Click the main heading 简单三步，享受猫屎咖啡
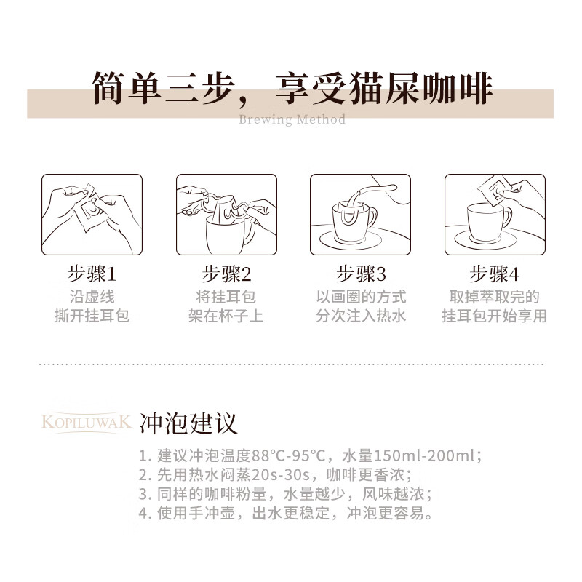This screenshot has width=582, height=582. (291, 89)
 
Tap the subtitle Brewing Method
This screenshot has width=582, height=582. (292, 119)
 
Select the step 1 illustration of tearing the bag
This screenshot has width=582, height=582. (91, 215)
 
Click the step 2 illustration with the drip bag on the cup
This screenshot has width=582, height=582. (226, 215)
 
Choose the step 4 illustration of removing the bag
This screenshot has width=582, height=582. (494, 215)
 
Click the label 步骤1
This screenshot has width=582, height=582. (92, 274)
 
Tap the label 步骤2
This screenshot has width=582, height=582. (226, 274)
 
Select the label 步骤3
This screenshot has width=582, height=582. (361, 274)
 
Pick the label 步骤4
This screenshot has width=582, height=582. (495, 274)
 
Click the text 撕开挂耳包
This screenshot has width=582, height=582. (92, 316)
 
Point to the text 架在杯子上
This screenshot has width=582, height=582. (226, 316)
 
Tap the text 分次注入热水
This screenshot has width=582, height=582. (361, 316)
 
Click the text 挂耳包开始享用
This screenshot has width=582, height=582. (495, 316)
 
